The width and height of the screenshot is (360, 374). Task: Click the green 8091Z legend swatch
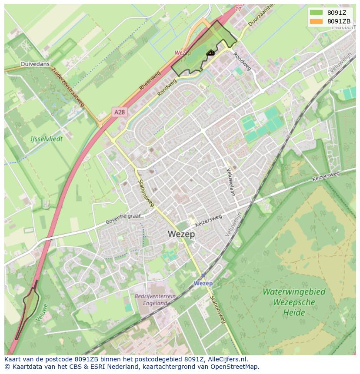(x=317, y=13)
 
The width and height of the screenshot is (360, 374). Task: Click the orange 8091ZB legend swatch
(x=317, y=21)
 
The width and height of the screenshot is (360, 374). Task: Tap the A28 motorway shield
(x=120, y=112)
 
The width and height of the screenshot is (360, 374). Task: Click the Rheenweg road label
(x=150, y=81)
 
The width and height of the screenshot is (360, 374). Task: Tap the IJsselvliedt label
(x=47, y=139)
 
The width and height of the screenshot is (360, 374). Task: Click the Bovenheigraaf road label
(x=124, y=218)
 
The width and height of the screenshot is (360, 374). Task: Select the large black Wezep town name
(x=181, y=234)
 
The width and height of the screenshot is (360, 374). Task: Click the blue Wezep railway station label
(x=203, y=283)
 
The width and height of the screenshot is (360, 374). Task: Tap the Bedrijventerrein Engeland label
(x=155, y=299)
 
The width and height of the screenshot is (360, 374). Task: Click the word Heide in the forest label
(x=294, y=312)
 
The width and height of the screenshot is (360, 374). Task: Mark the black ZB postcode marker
(x=210, y=53)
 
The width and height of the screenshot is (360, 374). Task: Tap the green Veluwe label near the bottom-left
(x=41, y=313)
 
